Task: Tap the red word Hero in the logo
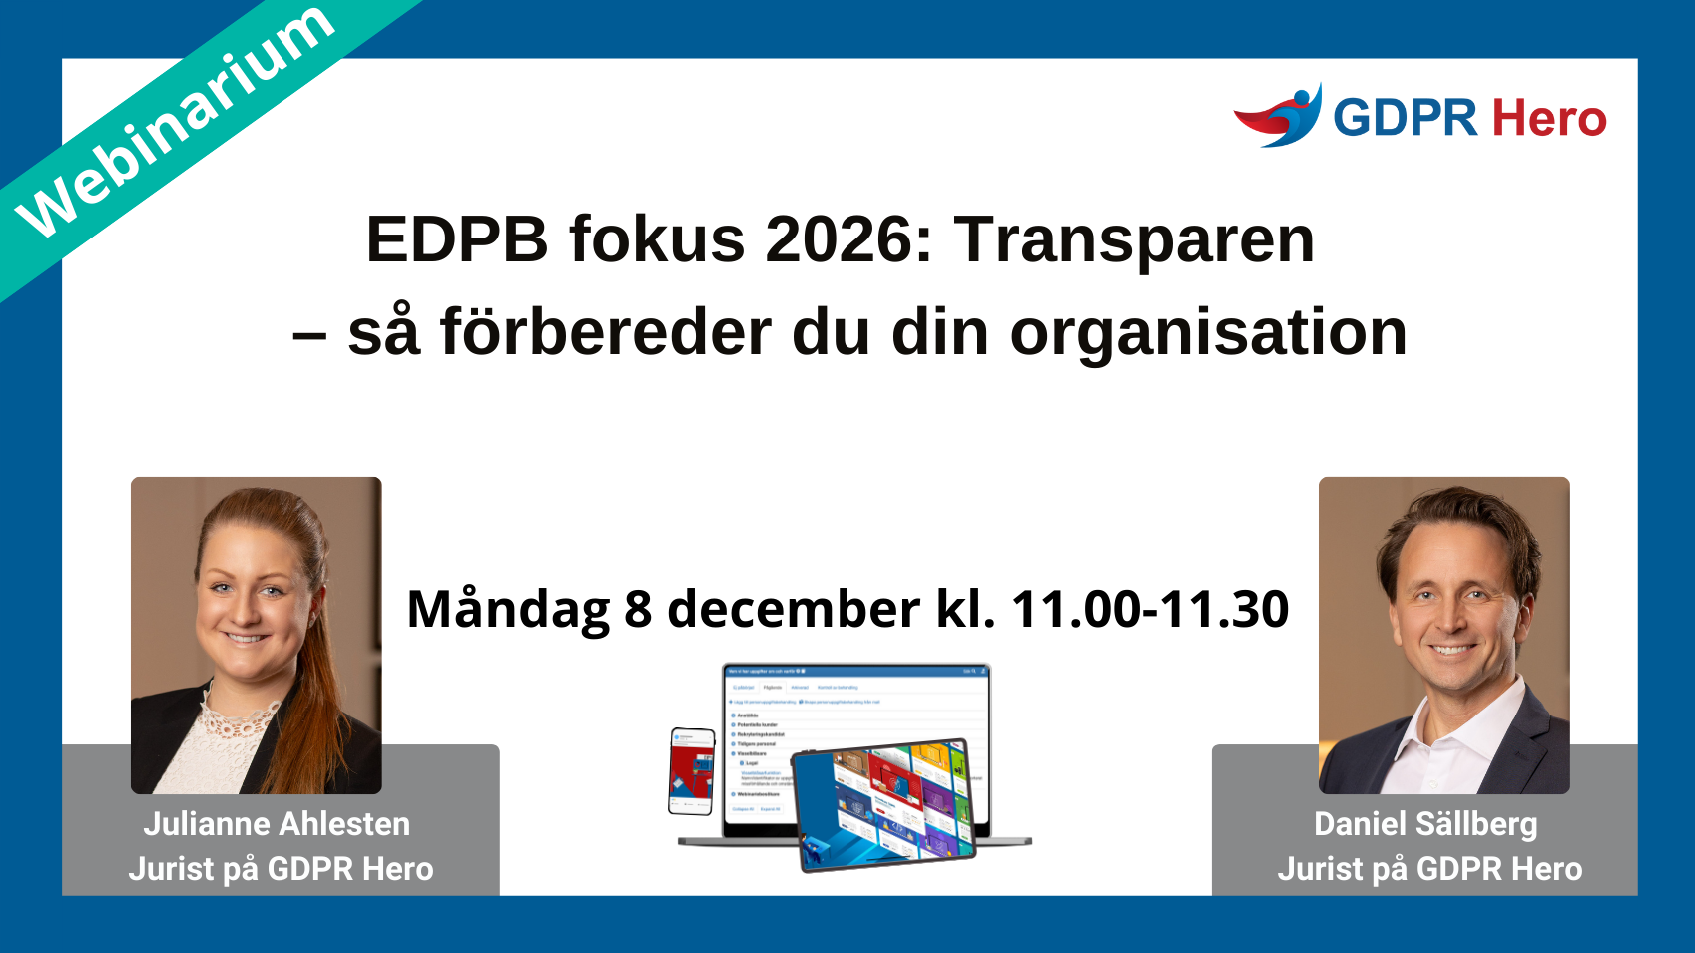(1549, 119)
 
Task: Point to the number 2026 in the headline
(848, 239)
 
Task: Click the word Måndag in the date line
(508, 609)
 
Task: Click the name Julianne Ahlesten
(277, 824)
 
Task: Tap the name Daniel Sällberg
(1425, 824)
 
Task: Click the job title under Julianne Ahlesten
(281, 869)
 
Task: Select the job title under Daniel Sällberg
(1429, 869)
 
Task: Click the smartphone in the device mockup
(691, 770)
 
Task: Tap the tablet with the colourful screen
(883, 804)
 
